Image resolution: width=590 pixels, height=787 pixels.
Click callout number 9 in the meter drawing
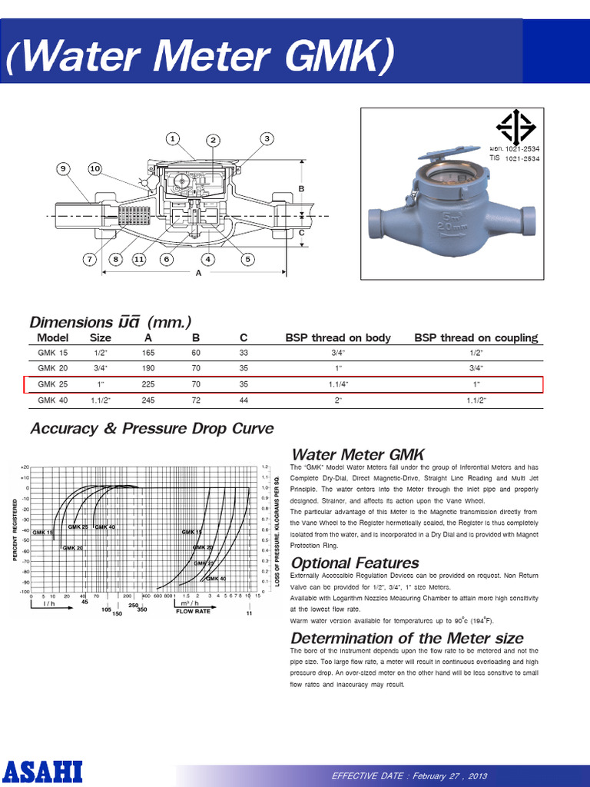point(63,168)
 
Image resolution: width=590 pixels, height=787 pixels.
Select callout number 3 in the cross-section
point(267,138)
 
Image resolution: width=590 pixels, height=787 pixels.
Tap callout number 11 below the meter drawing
point(139,259)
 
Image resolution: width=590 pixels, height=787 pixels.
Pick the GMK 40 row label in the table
point(52,400)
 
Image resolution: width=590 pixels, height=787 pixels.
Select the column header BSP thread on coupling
point(476,337)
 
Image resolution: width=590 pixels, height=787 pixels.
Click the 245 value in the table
point(148,400)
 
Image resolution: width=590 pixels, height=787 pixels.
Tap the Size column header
point(101,337)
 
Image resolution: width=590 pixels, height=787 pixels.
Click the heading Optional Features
point(355,563)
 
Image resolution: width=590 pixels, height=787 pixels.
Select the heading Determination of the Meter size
point(407,638)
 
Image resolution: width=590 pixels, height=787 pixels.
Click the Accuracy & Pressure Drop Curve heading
point(151,428)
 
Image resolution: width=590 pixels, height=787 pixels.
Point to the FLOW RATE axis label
point(193,612)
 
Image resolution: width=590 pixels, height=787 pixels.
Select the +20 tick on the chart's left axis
point(25,467)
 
